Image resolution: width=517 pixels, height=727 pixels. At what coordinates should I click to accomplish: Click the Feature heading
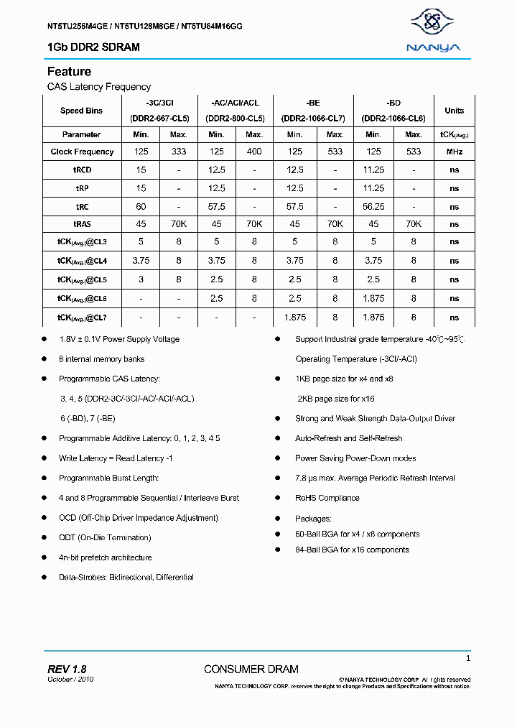pyautogui.click(x=69, y=72)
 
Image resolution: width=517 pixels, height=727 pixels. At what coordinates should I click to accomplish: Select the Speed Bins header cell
pyautogui.click(x=81, y=111)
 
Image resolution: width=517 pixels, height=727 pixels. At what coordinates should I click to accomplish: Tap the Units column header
pyautogui.click(x=454, y=111)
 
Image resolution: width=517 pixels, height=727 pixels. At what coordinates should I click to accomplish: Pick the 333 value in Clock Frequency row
pyautogui.click(x=178, y=152)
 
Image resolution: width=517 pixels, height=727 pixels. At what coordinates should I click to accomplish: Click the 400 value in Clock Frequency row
pyautogui.click(x=254, y=152)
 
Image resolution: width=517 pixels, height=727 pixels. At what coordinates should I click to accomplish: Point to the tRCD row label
pyautogui.click(x=82, y=170)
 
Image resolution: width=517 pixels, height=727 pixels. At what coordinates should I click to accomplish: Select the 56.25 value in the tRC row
pyautogui.click(x=373, y=206)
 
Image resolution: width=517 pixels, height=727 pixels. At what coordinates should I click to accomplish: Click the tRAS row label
pyautogui.click(x=82, y=224)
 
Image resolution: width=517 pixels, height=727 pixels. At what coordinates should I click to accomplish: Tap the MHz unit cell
pyautogui.click(x=454, y=152)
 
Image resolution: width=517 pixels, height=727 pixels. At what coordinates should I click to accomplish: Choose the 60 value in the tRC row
pyautogui.click(x=141, y=206)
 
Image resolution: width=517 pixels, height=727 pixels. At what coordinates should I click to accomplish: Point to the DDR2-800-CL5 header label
pyautogui.click(x=236, y=118)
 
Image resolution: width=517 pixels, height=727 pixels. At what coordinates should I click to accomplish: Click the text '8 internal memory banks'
pyautogui.click(x=101, y=358)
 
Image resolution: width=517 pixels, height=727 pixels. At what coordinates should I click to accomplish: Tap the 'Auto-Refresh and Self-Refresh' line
pyautogui.click(x=348, y=438)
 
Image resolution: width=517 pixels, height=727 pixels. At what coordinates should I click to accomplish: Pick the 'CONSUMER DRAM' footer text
pyautogui.click(x=251, y=670)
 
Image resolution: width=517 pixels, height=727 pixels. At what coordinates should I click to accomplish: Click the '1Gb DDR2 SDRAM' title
pyautogui.click(x=93, y=47)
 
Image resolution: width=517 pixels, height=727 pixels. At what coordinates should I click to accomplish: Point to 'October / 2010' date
pyautogui.click(x=70, y=680)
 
